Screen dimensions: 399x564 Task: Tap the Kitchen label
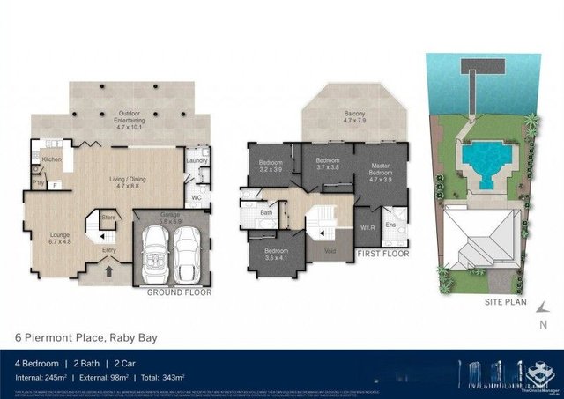pos(51,159)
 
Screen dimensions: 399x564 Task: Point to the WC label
pos(196,198)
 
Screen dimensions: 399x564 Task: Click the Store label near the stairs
pos(108,216)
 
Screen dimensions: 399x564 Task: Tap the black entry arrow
pos(108,272)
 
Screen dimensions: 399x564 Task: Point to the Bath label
pos(265,212)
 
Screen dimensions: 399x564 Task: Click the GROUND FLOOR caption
pos(178,292)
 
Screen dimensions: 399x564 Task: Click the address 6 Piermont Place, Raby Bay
pos(86,337)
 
